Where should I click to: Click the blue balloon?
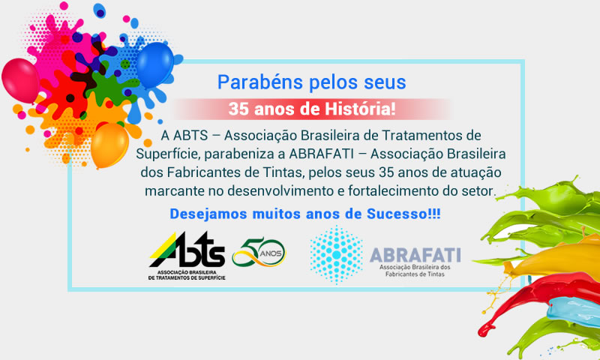pyautogui.click(x=155, y=64)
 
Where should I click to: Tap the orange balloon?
pyautogui.click(x=109, y=145)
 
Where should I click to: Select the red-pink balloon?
pyautogui.click(x=21, y=80)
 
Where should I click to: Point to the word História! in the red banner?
pyautogui.click(x=360, y=109)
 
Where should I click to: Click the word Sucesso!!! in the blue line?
pyautogui.click(x=403, y=214)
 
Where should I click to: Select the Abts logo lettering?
pyautogui.click(x=187, y=250)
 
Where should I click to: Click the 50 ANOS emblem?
pyautogui.click(x=259, y=252)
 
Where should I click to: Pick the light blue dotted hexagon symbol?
pyautogui.click(x=336, y=255)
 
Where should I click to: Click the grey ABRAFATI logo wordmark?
pyautogui.click(x=415, y=255)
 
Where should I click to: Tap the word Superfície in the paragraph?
pyautogui.click(x=168, y=154)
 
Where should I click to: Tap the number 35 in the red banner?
pyautogui.click(x=238, y=109)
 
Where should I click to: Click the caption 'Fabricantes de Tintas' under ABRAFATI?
pyautogui.click(x=415, y=274)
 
